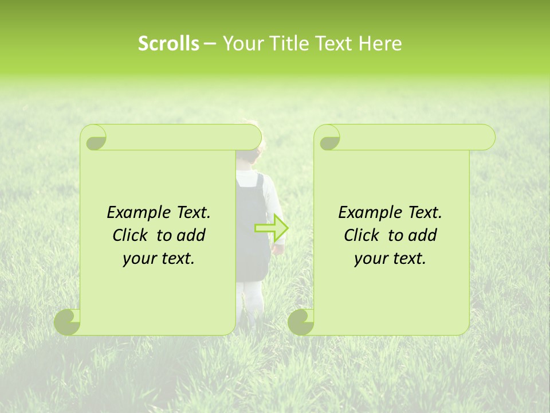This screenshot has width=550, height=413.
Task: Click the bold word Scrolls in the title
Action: tap(169, 44)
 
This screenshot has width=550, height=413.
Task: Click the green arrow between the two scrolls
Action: tap(272, 228)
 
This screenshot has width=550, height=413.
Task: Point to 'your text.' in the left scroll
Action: tap(159, 259)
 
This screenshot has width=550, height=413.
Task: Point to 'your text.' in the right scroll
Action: tap(390, 259)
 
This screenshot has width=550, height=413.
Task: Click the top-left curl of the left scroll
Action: tap(93, 139)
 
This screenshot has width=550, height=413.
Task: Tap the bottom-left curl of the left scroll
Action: tap(67, 321)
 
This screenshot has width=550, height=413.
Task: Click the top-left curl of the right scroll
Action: tap(328, 139)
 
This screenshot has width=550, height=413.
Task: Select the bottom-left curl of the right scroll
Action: tap(301, 321)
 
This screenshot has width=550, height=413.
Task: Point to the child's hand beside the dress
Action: tap(278, 248)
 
